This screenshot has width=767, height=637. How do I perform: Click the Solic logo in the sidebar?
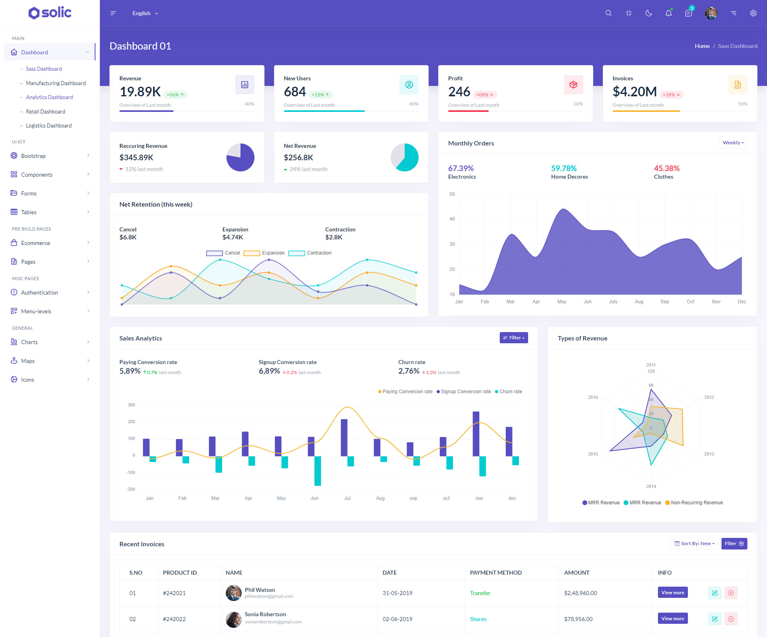[50, 13]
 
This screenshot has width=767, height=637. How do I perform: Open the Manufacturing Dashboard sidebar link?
[56, 83]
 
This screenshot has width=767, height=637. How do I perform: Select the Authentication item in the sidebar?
[40, 293]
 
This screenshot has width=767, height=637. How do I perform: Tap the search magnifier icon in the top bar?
[608, 13]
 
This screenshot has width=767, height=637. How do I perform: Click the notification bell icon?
[668, 13]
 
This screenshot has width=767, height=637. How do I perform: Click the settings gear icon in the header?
[753, 13]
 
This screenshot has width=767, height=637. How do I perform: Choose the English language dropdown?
[145, 13]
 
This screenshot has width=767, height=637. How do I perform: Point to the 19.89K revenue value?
[140, 92]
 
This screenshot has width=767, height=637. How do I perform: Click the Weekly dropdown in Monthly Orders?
[733, 143]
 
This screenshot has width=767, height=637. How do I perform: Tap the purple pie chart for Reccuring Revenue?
[240, 157]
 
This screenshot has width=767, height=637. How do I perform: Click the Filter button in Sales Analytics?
[514, 338]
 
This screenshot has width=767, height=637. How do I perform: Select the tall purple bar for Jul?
[344, 438]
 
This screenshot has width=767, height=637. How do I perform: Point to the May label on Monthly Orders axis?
[562, 302]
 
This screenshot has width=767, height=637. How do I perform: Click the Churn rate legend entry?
[509, 392]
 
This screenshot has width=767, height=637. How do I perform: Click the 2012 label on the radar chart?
[709, 397]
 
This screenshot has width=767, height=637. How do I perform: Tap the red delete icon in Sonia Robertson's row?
[731, 619]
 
